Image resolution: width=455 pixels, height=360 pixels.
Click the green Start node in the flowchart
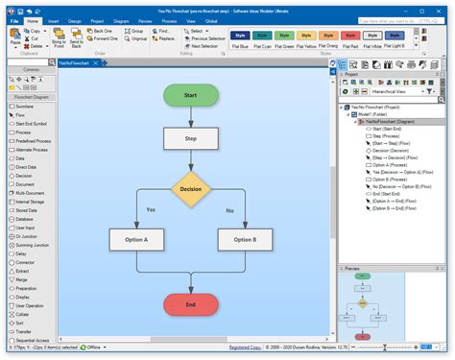pos(191,95)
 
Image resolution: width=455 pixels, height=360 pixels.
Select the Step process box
pos(191,138)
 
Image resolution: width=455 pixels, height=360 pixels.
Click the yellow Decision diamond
pos(191,189)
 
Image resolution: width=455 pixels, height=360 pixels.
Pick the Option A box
pos(137,239)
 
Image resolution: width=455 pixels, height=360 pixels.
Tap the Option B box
pos(245,239)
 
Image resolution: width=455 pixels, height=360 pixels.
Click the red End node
pos(191,304)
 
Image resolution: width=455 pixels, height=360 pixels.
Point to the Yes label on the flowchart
pos(151,209)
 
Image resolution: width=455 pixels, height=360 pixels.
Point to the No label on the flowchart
pos(229,209)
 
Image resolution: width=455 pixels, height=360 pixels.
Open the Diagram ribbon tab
pos(122,20)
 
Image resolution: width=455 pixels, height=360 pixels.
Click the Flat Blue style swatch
pos(240,39)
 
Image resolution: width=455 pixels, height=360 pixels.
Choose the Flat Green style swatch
pos(285,39)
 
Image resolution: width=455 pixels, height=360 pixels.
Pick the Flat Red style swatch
pos(349,39)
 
